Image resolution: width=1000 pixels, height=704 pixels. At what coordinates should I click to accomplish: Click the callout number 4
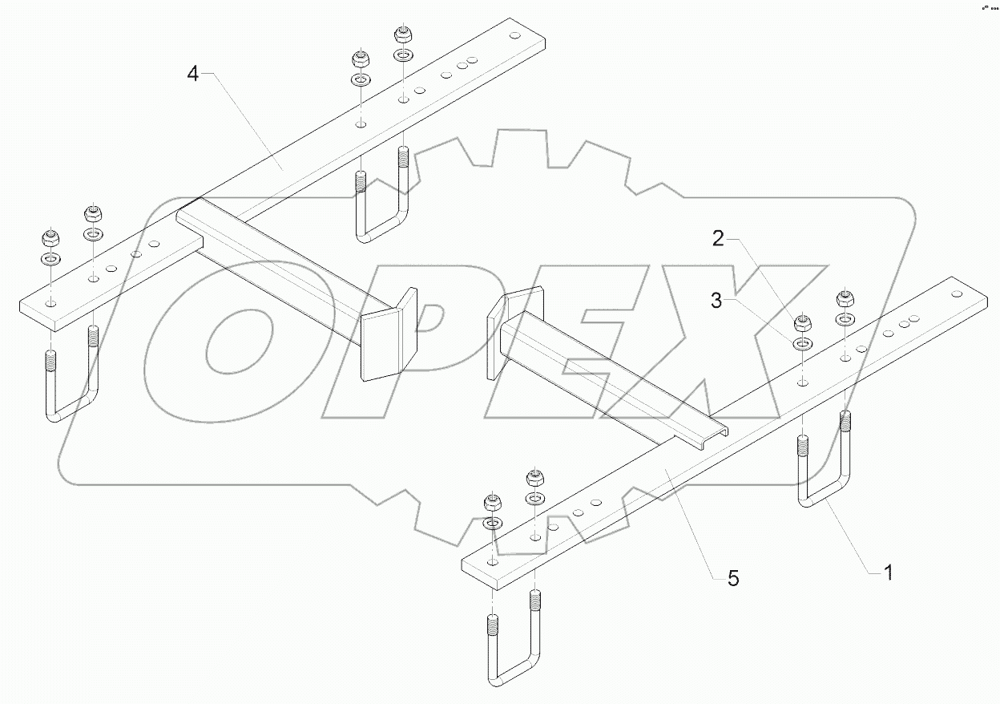click(192, 74)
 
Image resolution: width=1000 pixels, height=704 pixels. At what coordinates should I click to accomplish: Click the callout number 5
click(733, 577)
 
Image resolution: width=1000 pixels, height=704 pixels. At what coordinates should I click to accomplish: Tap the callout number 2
click(719, 238)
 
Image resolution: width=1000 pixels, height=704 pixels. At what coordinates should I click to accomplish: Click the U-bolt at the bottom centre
click(513, 649)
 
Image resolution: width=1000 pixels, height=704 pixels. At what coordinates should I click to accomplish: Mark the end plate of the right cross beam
click(495, 337)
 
